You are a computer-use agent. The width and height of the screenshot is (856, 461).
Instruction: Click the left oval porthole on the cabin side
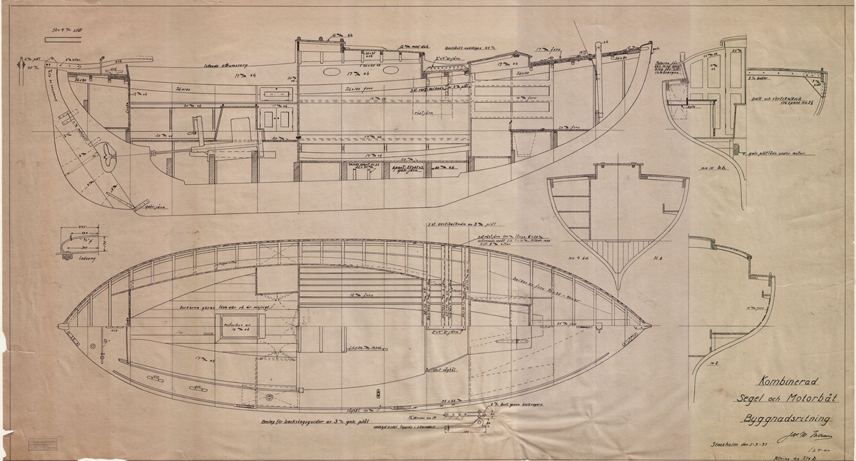tap(332, 72)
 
